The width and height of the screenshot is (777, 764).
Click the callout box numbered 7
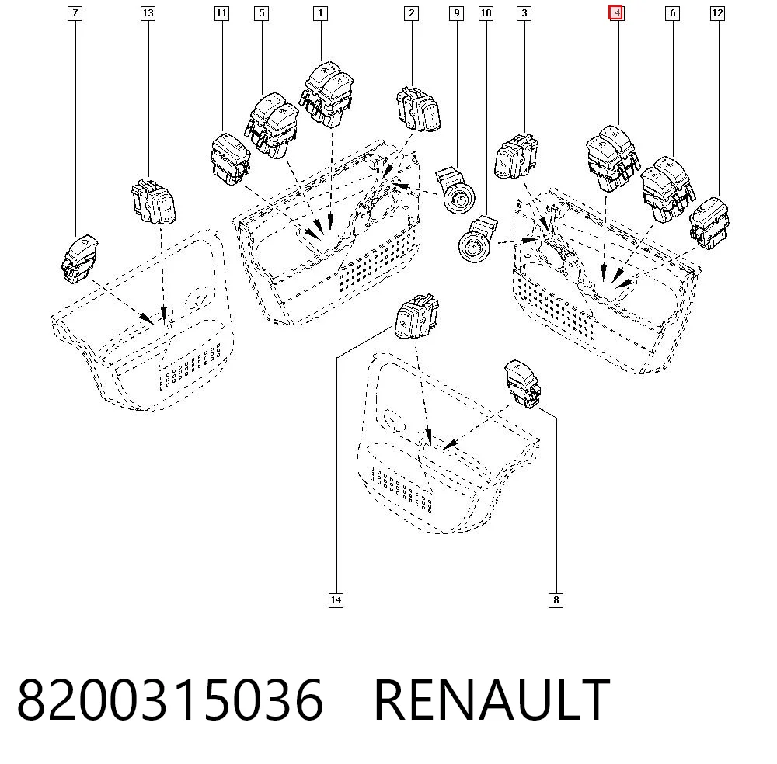[75, 13]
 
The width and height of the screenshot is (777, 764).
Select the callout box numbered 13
[148, 13]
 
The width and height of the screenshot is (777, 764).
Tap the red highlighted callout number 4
[616, 13]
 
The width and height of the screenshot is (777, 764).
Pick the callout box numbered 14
[336, 600]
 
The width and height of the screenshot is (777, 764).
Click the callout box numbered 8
[556, 600]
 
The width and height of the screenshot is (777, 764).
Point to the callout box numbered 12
[717, 13]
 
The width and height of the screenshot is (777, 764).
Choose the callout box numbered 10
[486, 13]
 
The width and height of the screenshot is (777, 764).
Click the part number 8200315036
[170, 700]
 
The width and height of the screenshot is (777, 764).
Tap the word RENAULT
[492, 700]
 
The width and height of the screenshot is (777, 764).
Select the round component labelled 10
[478, 239]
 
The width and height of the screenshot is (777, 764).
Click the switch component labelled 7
[79, 259]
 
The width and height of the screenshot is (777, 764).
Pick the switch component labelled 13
[153, 202]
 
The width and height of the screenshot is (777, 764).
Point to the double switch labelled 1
[326, 94]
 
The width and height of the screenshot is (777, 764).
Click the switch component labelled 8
[522, 384]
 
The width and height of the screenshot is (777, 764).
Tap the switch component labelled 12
[709, 223]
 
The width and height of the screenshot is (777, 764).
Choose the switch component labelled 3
[517, 156]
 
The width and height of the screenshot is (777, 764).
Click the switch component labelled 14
[416, 317]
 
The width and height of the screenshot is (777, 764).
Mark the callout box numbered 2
[411, 13]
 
